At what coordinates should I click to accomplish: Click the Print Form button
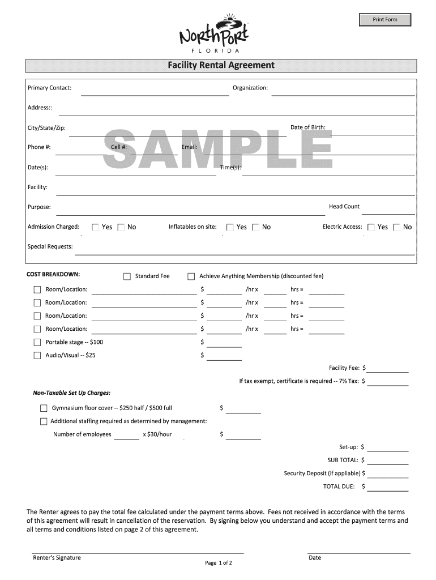coord(385,20)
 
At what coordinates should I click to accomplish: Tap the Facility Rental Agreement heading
coord(221,65)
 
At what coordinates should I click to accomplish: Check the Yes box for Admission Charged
coord(95,228)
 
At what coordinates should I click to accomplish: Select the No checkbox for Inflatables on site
coord(255,228)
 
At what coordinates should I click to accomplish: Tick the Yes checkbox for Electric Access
coord(371,228)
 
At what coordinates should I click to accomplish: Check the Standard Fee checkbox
coord(127,276)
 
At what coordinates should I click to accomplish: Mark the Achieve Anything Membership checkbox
coord(191,276)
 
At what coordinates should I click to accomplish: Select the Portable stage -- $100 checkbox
coord(37,343)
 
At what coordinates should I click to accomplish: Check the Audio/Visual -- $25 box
coord(37,356)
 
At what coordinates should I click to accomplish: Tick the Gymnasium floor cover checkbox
coord(44,408)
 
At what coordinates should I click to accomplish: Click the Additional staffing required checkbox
coord(44,421)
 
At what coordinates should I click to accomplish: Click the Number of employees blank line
coord(127,436)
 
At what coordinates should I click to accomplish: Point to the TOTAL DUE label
coord(339,487)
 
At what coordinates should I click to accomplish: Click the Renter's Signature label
coord(57,558)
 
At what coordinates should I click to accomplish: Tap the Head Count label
coord(344,207)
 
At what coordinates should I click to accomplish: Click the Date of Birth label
coord(308,127)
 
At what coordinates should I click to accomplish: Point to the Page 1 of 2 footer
coord(219,563)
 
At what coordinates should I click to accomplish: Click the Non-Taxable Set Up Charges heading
coord(72,393)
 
